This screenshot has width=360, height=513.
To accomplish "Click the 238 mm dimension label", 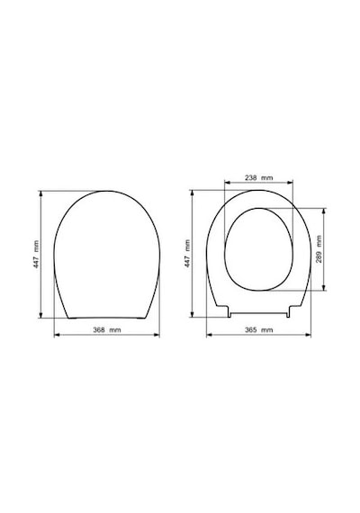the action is (x=258, y=178).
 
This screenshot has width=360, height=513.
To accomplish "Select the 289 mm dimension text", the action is (x=319, y=248).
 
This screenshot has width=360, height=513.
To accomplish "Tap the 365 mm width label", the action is (x=258, y=329).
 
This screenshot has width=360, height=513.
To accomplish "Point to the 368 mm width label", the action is (x=107, y=329).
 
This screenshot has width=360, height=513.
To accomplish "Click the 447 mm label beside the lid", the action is (x=36, y=255).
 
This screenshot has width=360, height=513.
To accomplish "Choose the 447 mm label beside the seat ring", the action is (x=187, y=254).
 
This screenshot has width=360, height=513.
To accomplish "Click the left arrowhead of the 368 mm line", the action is (x=57, y=335).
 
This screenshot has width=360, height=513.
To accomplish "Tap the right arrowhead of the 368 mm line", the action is (x=157, y=335).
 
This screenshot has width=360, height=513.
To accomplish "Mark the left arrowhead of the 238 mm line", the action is (x=227, y=183).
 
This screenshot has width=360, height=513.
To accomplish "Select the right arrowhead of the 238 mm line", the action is (x=291, y=183).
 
